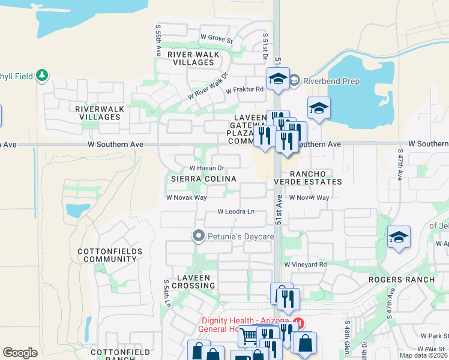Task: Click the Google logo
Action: click(20, 353)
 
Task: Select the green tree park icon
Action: click(41, 75)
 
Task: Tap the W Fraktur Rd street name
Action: click(245, 90)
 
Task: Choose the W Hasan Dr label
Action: click(206, 169)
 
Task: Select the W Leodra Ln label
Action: click(236, 211)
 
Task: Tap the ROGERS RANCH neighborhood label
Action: click(401, 280)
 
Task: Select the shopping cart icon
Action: click(248, 335)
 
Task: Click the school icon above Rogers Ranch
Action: click(399, 236)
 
